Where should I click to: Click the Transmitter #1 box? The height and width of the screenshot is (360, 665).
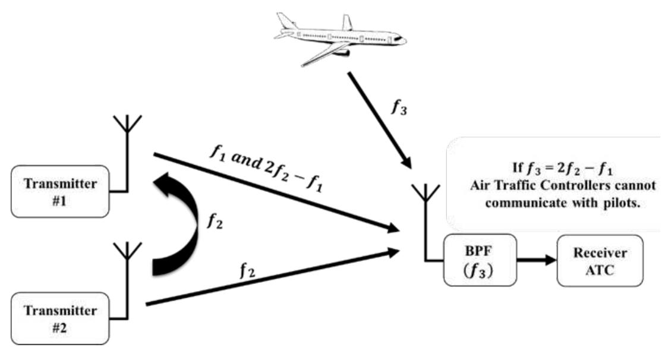pyautogui.click(x=54, y=191)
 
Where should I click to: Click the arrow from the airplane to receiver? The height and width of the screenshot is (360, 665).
pyautogui.click(x=380, y=119)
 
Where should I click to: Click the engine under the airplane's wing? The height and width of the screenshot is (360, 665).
pyautogui.click(x=341, y=53)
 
